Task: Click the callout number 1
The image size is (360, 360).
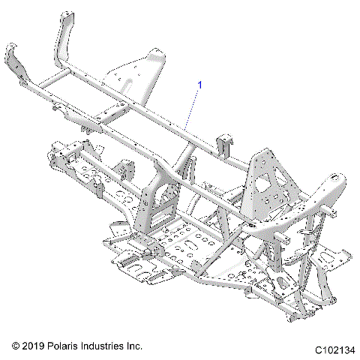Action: tap(200, 85)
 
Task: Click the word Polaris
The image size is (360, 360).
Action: tap(70, 346)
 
